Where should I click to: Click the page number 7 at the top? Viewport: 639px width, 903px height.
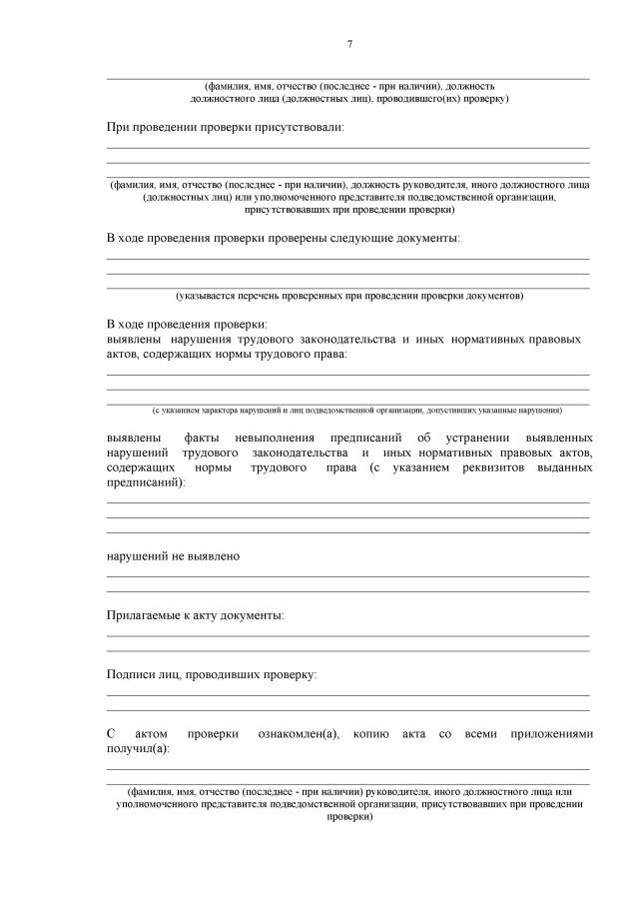pyautogui.click(x=349, y=44)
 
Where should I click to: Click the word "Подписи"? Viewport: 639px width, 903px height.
pyautogui.click(x=131, y=675)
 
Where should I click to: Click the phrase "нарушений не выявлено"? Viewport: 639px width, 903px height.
pyautogui.click(x=173, y=555)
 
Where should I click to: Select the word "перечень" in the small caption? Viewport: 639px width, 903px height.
pyautogui.click(x=263, y=297)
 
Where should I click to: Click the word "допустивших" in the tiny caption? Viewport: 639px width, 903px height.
pyautogui.click(x=460, y=411)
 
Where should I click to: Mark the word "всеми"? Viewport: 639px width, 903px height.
pyautogui.click(x=481, y=734)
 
